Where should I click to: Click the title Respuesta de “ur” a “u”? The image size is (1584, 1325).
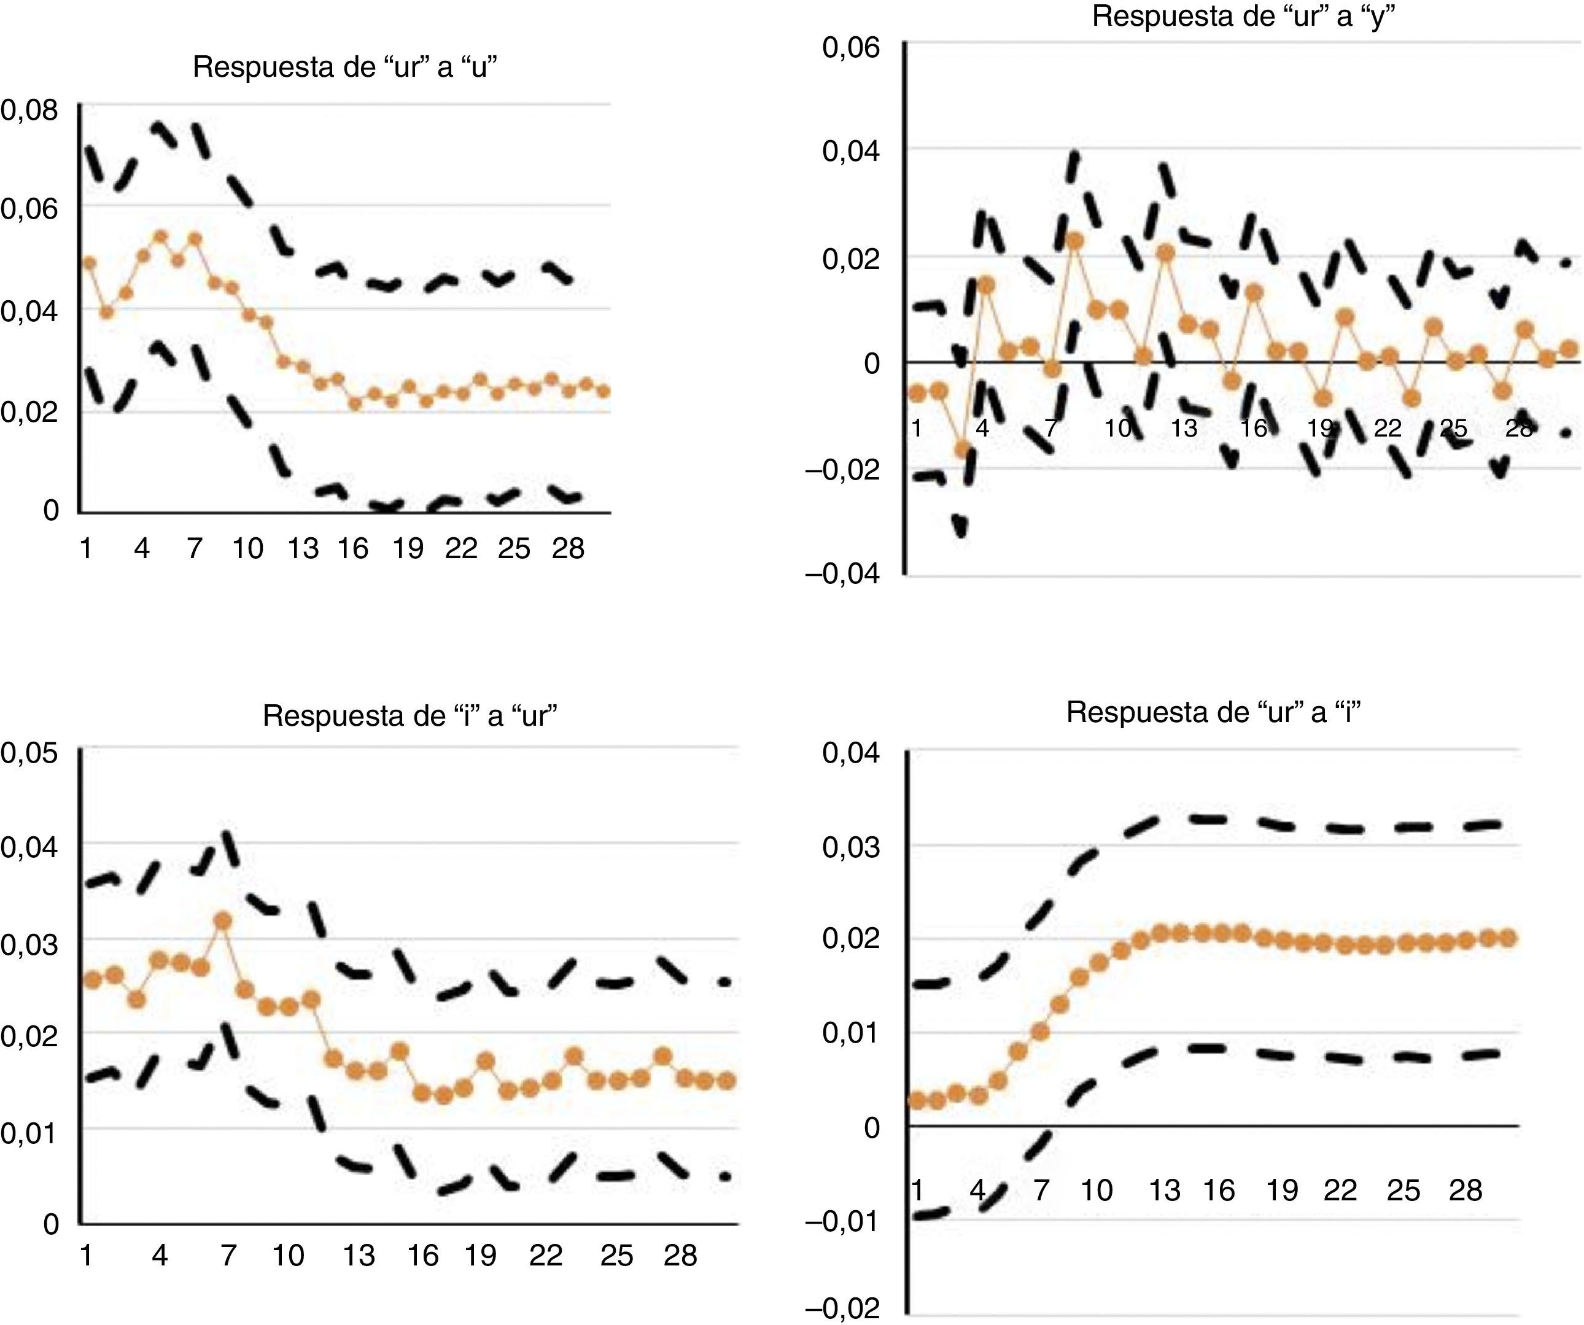tap(344, 67)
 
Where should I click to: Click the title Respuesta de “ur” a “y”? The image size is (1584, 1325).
tap(1243, 16)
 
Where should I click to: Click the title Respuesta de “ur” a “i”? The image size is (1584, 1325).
tap(1214, 712)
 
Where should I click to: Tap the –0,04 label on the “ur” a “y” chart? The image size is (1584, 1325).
tap(842, 575)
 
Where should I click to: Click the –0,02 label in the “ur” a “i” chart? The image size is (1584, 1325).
tap(842, 1308)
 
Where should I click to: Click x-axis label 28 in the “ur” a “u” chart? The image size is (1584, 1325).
tap(568, 548)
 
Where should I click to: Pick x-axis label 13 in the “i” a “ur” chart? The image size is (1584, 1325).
tap(359, 1256)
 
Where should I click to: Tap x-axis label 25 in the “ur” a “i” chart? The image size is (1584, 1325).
tap(1403, 1191)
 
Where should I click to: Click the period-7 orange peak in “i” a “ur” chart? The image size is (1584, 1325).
tap(223, 921)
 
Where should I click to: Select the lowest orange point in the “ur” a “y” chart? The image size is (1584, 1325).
tap(963, 449)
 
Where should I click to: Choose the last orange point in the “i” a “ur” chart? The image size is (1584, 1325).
tap(726, 1081)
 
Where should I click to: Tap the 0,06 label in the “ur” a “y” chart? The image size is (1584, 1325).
tap(851, 47)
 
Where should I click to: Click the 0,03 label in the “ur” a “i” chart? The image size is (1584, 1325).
tap(851, 847)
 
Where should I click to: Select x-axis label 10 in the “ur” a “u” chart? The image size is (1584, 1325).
tap(247, 548)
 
